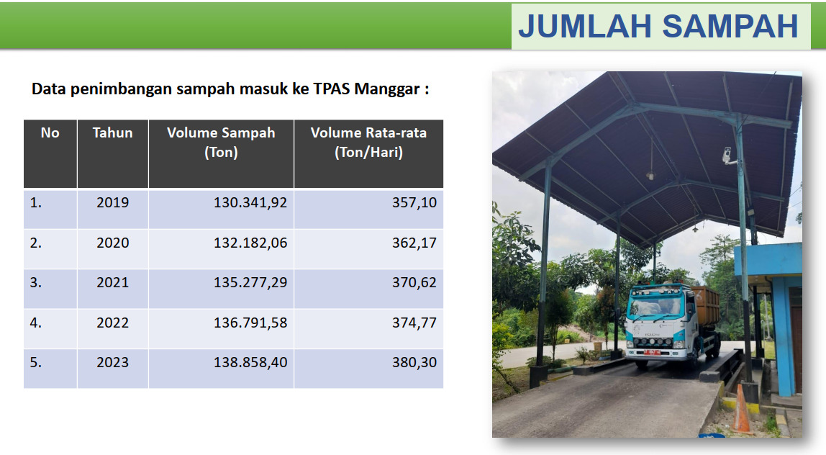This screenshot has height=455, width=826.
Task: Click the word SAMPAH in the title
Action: click(x=730, y=27)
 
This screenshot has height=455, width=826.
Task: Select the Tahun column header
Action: click(x=113, y=133)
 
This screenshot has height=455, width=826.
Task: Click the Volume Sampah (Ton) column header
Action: click(x=222, y=143)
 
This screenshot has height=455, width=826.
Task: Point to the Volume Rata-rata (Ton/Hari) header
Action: click(x=368, y=143)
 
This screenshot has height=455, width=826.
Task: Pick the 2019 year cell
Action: click(x=113, y=202)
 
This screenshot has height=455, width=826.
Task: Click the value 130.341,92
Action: click(x=250, y=203)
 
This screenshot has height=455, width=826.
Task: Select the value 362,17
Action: click(x=414, y=243)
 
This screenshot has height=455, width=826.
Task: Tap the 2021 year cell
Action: click(x=113, y=283)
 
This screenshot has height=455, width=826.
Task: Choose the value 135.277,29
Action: click(x=250, y=283)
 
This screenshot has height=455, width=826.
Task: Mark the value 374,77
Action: click(x=414, y=323)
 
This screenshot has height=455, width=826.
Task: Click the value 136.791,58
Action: click(x=250, y=323)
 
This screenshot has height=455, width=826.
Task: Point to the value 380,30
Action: click(x=414, y=363)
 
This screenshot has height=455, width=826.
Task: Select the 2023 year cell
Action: click(x=113, y=363)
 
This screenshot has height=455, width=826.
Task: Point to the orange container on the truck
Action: click(x=706, y=305)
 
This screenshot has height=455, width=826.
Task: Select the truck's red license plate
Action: click(x=652, y=352)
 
